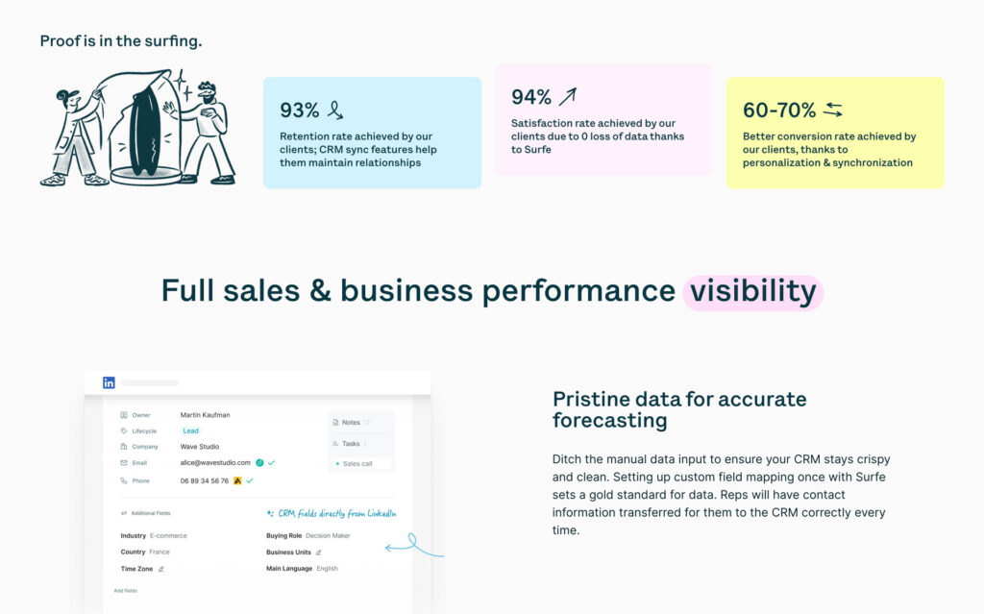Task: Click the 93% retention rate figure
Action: [x=299, y=111]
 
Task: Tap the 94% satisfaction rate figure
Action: [x=531, y=97]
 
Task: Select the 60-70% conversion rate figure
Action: [x=779, y=111]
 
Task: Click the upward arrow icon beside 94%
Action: [x=568, y=96]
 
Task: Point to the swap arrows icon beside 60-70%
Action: [x=832, y=110]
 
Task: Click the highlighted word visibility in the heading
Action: [x=752, y=290]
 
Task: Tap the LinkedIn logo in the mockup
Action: [x=109, y=382]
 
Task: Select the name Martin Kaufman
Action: [x=205, y=415]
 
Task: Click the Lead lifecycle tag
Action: [x=190, y=430]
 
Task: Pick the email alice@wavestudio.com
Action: [x=215, y=462]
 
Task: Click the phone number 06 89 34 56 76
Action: [x=205, y=480]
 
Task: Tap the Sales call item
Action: [x=357, y=463]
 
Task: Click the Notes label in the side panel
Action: [x=351, y=422]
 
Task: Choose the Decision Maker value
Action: [x=328, y=535]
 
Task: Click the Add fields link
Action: [x=126, y=590]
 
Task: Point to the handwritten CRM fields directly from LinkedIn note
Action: [x=332, y=513]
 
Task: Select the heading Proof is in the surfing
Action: [x=120, y=41]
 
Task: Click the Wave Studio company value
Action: [x=200, y=447]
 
